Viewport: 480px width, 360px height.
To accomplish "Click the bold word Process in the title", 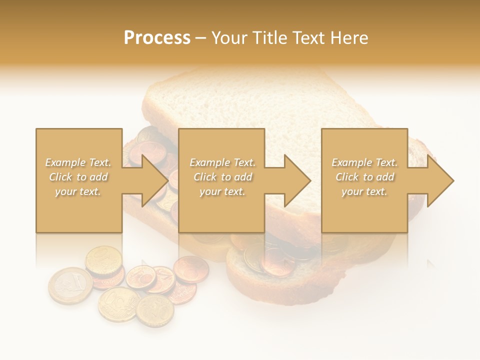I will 157,38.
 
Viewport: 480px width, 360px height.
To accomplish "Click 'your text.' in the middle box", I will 222,191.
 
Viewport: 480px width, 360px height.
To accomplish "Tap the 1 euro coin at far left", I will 69,285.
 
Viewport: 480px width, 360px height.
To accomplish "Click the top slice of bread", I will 260,105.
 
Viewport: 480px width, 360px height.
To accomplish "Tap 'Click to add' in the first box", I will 78,177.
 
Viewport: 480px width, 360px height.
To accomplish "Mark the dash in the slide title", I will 200,38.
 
